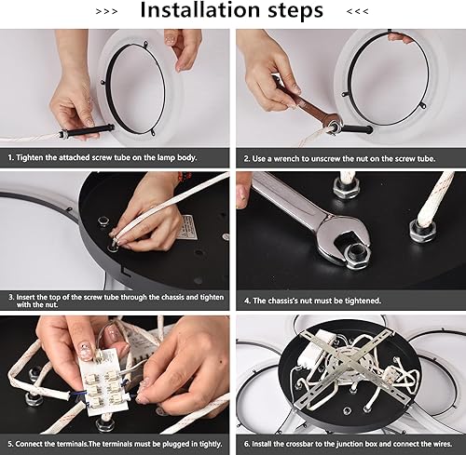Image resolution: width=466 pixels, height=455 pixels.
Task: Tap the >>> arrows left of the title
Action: point(107,12)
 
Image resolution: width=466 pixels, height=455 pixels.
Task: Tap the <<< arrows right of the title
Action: point(357,12)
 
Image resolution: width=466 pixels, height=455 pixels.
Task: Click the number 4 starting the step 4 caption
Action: point(245,301)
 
